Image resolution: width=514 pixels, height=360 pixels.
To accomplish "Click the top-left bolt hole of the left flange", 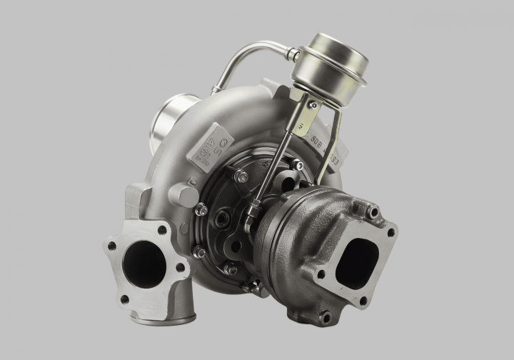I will pos(112,246).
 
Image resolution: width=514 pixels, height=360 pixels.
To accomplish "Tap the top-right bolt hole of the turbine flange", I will pos(390,231).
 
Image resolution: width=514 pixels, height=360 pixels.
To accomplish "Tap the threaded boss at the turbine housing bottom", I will pos(326,315).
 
